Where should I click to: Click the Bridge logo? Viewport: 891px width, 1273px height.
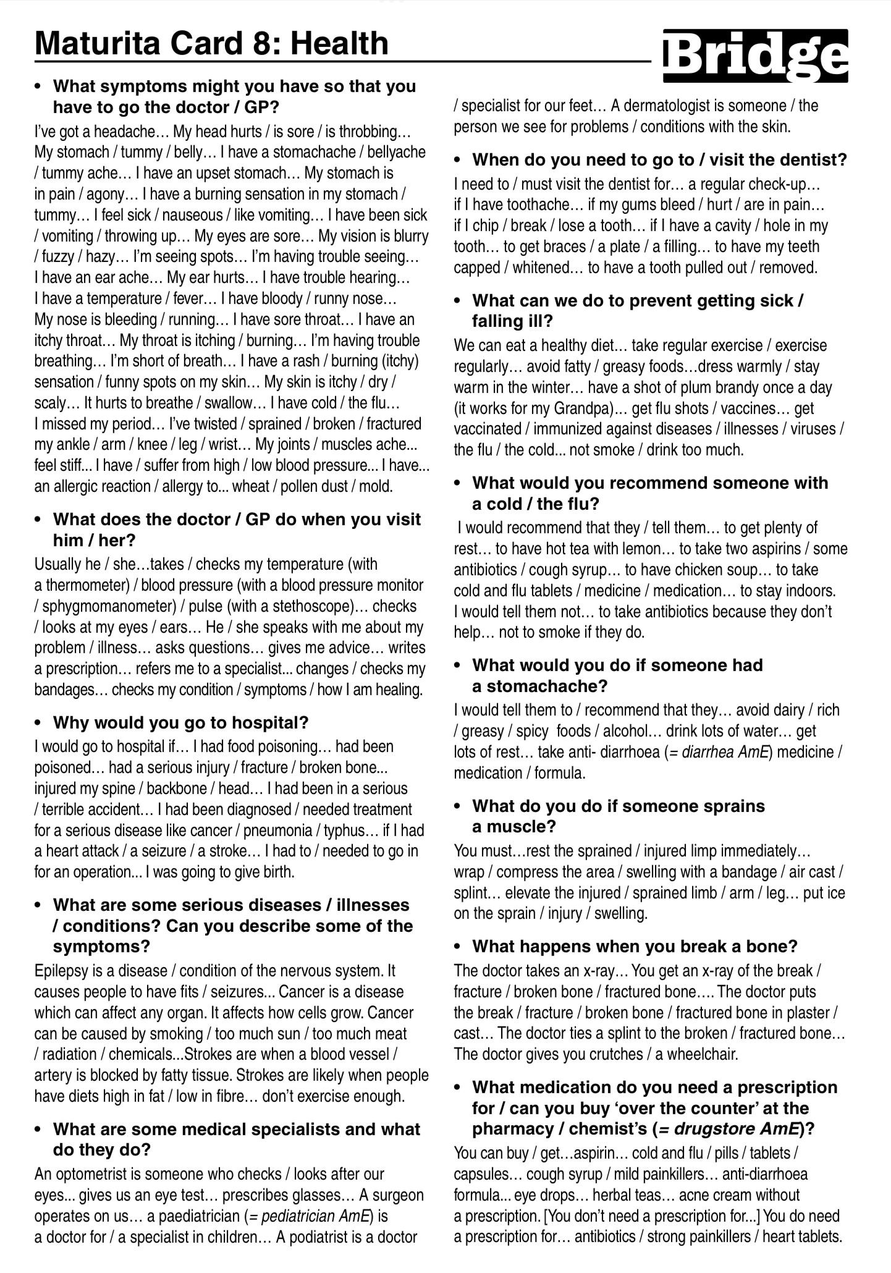[755, 56]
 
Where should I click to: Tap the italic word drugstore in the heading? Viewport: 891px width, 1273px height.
[709, 1129]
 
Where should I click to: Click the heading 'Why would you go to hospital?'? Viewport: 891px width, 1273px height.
[180, 722]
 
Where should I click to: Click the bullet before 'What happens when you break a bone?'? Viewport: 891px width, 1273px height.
[457, 947]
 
